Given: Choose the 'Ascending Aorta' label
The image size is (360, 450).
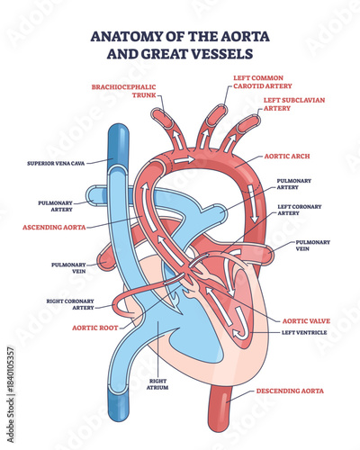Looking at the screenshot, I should (55, 228).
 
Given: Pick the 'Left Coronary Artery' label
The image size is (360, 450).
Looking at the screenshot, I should (296, 210).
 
